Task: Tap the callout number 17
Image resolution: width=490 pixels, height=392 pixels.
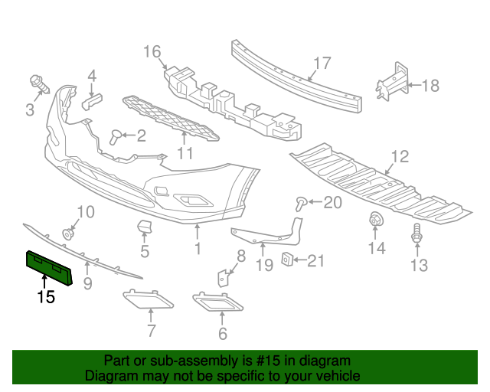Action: pos(322,64)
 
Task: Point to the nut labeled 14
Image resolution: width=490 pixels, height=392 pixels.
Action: pos(377,220)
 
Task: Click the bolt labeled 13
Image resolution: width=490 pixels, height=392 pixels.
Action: pos(417,234)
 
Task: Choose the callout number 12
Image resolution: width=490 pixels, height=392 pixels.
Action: pos(400,158)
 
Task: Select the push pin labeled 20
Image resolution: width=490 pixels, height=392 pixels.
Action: pos(302,202)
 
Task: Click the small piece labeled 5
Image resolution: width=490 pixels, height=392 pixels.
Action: pos(144,227)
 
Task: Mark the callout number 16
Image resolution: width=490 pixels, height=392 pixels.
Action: pos(152,52)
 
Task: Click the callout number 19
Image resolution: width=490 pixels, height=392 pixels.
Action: pos(264,266)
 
